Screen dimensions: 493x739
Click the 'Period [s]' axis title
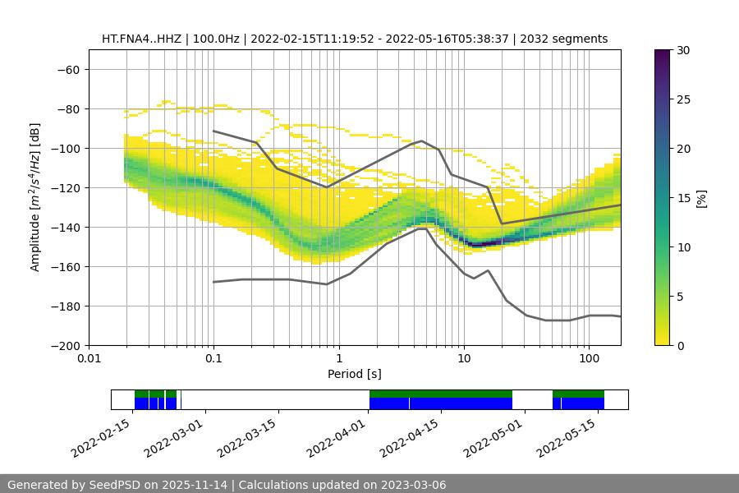tap(355, 374)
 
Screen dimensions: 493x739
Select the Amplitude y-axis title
tap(35, 197)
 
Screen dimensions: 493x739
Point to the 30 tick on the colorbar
tap(682, 50)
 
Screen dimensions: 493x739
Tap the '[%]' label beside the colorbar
tap(701, 198)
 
